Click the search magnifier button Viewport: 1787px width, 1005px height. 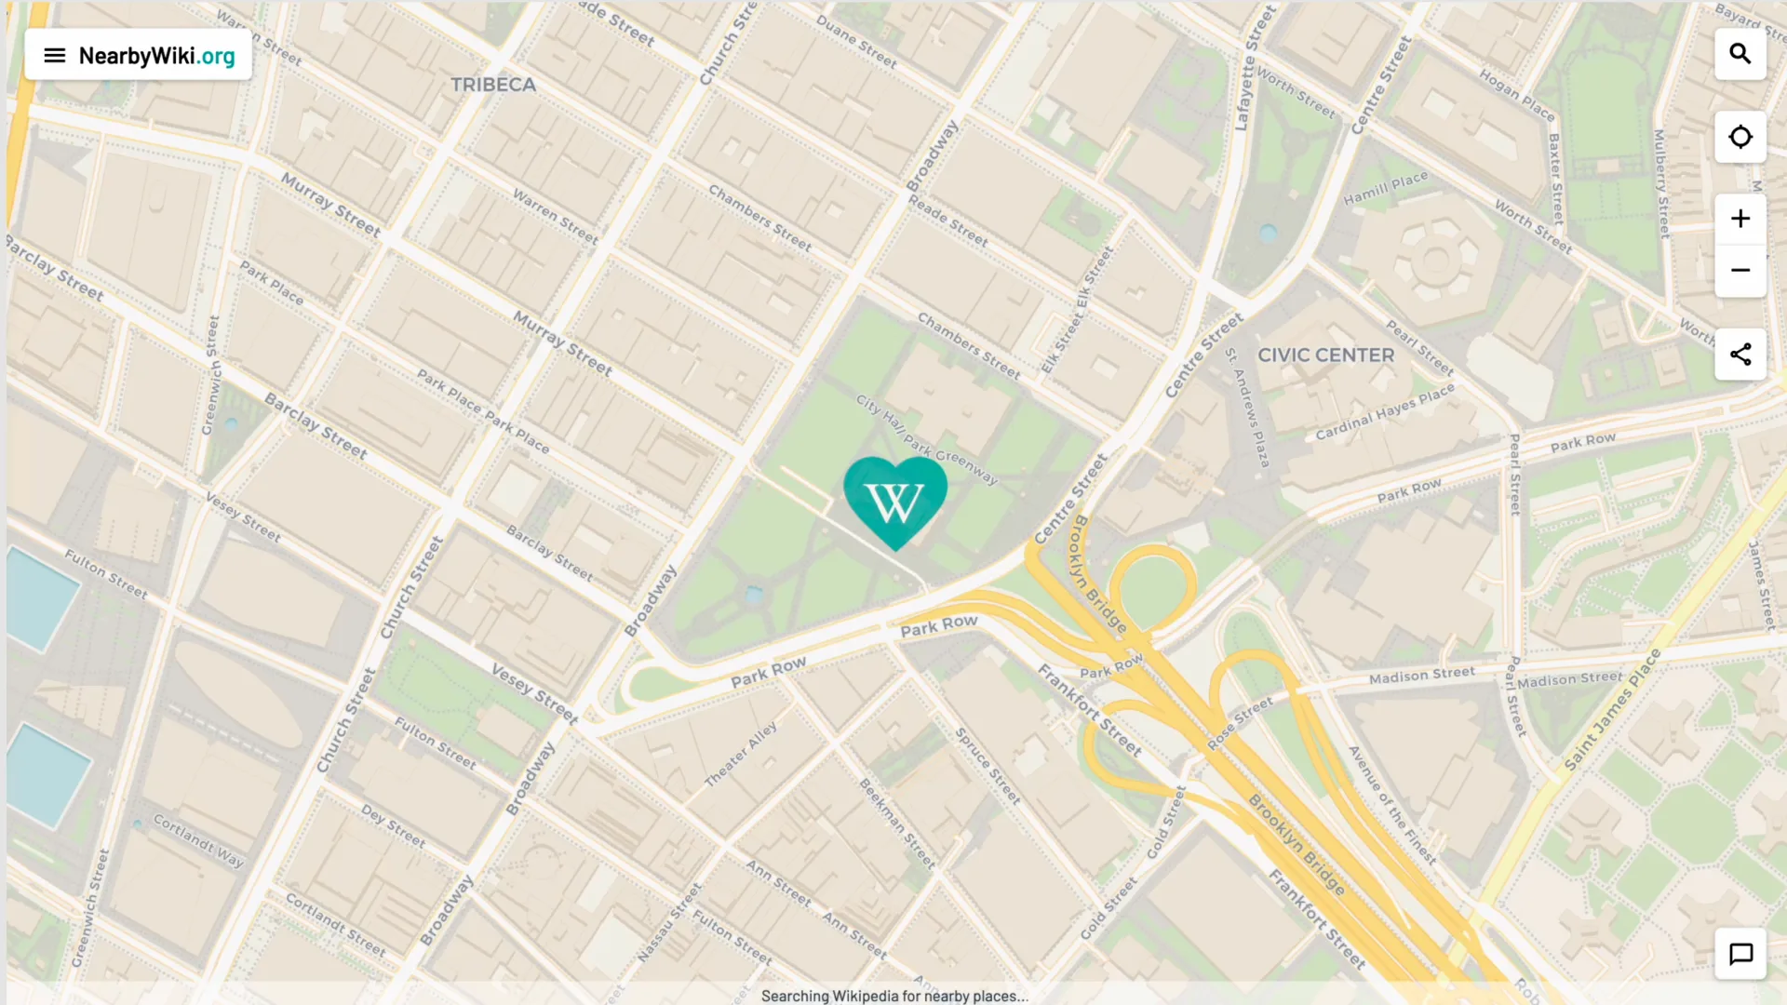[1740, 54]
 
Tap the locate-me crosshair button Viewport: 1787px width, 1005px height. [1740, 137]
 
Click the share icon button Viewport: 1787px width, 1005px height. [1740, 355]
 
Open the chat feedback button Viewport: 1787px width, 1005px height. [1740, 954]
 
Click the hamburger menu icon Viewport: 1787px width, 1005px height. [55, 56]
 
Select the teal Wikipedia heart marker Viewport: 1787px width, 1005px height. [894, 500]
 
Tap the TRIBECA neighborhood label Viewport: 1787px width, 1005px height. [493, 85]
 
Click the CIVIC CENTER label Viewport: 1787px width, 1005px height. [1325, 355]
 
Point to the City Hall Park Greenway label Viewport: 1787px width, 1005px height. [926, 440]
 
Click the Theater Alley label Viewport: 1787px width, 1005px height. [740, 755]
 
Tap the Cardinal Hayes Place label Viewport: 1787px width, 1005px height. [1384, 412]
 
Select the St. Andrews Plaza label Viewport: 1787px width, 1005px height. [1247, 408]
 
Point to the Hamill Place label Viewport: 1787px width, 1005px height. [1385, 189]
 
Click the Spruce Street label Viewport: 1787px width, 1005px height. [988, 766]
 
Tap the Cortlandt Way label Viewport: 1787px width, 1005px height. [198, 841]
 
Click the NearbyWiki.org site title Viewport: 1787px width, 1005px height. [156, 56]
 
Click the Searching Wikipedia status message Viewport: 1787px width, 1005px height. [893, 996]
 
